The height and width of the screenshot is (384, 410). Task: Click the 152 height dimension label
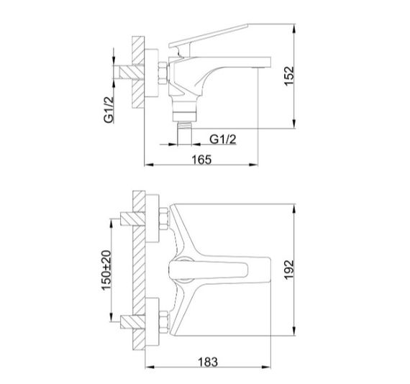pos(289,76)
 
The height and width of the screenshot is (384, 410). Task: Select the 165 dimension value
pos(201,160)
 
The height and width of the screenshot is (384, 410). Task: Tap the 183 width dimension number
pos(208,362)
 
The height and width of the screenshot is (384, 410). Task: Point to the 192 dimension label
pos(289,270)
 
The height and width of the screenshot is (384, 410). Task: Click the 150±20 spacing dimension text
pos(106,270)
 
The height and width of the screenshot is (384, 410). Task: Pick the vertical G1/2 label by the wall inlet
pos(109,110)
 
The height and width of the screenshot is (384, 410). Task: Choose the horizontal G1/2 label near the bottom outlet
pos(223,140)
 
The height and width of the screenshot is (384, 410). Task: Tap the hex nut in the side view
pos(163,73)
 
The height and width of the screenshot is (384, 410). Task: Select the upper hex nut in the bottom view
pos(164,219)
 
